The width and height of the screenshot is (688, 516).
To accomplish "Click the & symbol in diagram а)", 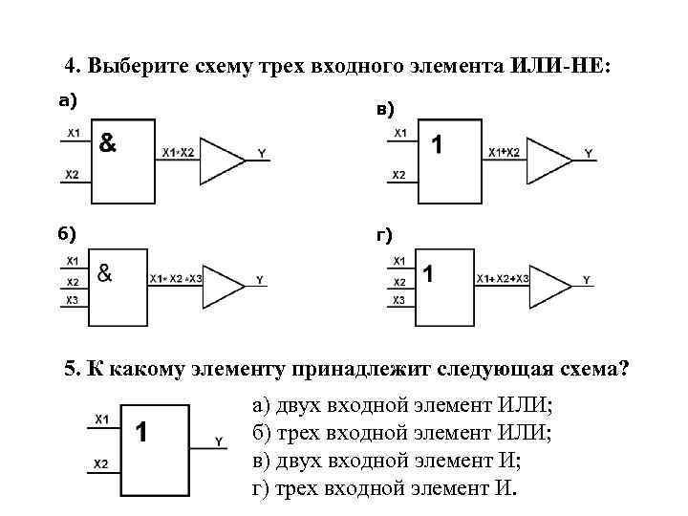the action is coord(107,142).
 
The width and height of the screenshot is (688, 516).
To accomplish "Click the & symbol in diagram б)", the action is coord(104,273).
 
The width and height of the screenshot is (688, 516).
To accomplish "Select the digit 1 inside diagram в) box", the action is coord(437,144).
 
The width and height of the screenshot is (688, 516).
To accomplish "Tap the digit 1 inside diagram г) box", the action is coord(428,274).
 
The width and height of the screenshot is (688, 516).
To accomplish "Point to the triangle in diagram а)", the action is coord(222,161).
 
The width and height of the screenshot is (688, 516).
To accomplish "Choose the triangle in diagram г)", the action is coord(550,287).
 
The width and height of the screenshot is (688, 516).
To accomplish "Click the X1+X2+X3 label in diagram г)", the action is coord(503,279).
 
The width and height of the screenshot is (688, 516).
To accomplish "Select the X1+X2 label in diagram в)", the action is coord(505,152).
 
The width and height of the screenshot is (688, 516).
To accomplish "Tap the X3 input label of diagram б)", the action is coord(72,300).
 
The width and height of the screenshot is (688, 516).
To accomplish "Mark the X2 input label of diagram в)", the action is coord(398,175).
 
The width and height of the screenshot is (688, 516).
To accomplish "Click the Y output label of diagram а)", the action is coord(262,153).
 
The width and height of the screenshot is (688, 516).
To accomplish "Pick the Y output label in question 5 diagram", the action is coord(219,441).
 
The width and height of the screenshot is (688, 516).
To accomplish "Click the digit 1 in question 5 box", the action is coord(140,432).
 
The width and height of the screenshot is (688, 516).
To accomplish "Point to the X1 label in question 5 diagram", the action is coord(102,419).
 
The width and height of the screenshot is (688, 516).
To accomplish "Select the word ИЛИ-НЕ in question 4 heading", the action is coord(560,66).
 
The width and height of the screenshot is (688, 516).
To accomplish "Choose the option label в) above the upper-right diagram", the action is coord(385,109).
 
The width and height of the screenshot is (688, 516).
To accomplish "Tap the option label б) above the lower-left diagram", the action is coord(67,234).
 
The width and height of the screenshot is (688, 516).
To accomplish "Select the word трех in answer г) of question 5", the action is coord(298,489).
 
